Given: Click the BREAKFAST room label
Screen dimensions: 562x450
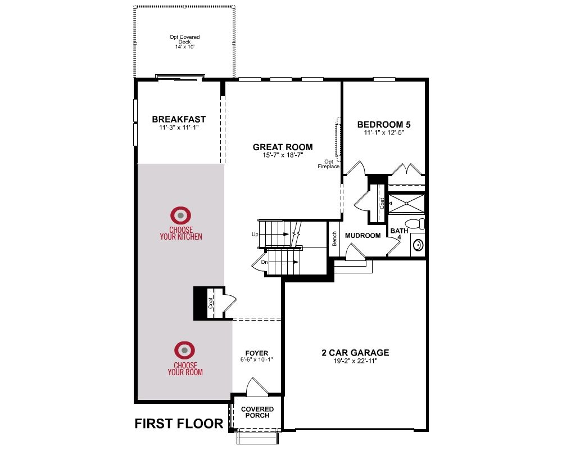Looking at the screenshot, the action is click(x=179, y=119).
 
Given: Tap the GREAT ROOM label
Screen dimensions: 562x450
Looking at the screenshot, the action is click(x=283, y=147).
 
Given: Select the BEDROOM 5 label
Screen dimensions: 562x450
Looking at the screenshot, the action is click(x=384, y=124).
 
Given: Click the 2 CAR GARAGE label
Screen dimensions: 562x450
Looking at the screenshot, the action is click(x=355, y=352).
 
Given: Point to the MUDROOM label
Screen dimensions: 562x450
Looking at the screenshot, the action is click(x=362, y=236).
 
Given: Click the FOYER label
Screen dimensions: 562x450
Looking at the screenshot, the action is click(x=257, y=353).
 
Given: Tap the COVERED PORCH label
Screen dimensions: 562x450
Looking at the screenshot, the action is click(x=257, y=412).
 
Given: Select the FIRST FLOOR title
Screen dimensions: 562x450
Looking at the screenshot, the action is click(x=179, y=424).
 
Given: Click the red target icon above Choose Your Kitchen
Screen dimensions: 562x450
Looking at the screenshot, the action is click(x=180, y=215).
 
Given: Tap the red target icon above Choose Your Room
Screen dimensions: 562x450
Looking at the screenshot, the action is click(x=184, y=350).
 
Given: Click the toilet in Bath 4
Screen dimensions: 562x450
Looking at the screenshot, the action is click(x=416, y=223).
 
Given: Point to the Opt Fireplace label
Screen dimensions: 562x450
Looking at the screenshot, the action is click(x=329, y=164).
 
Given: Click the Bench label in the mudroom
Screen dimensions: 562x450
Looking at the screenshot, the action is click(x=334, y=238).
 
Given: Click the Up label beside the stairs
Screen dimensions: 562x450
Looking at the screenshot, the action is click(x=255, y=235).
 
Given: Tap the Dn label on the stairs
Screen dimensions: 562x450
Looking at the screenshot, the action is click(x=265, y=262).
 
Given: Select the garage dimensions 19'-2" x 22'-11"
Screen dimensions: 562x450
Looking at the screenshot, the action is click(x=356, y=361).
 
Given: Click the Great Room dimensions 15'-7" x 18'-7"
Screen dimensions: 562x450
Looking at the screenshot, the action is click(x=283, y=155).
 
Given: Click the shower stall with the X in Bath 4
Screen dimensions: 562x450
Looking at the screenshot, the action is click(x=407, y=204).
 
